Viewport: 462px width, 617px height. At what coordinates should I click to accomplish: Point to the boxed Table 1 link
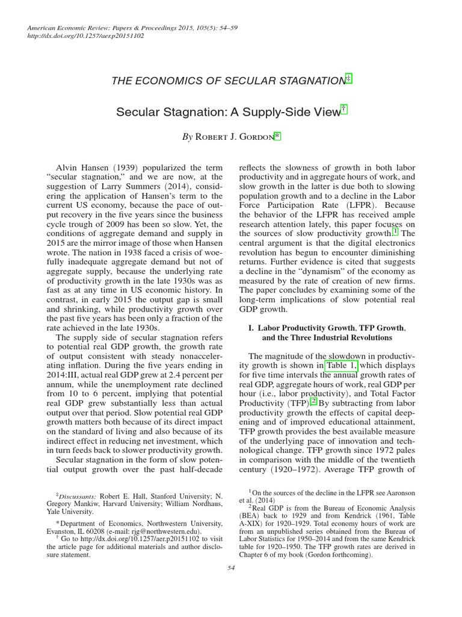(x=342, y=365)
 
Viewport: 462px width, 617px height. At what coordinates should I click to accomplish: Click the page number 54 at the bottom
(x=231, y=568)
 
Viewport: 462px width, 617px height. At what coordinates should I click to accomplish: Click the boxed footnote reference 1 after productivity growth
(x=395, y=232)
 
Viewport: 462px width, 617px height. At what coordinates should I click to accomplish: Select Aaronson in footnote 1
(x=395, y=493)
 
